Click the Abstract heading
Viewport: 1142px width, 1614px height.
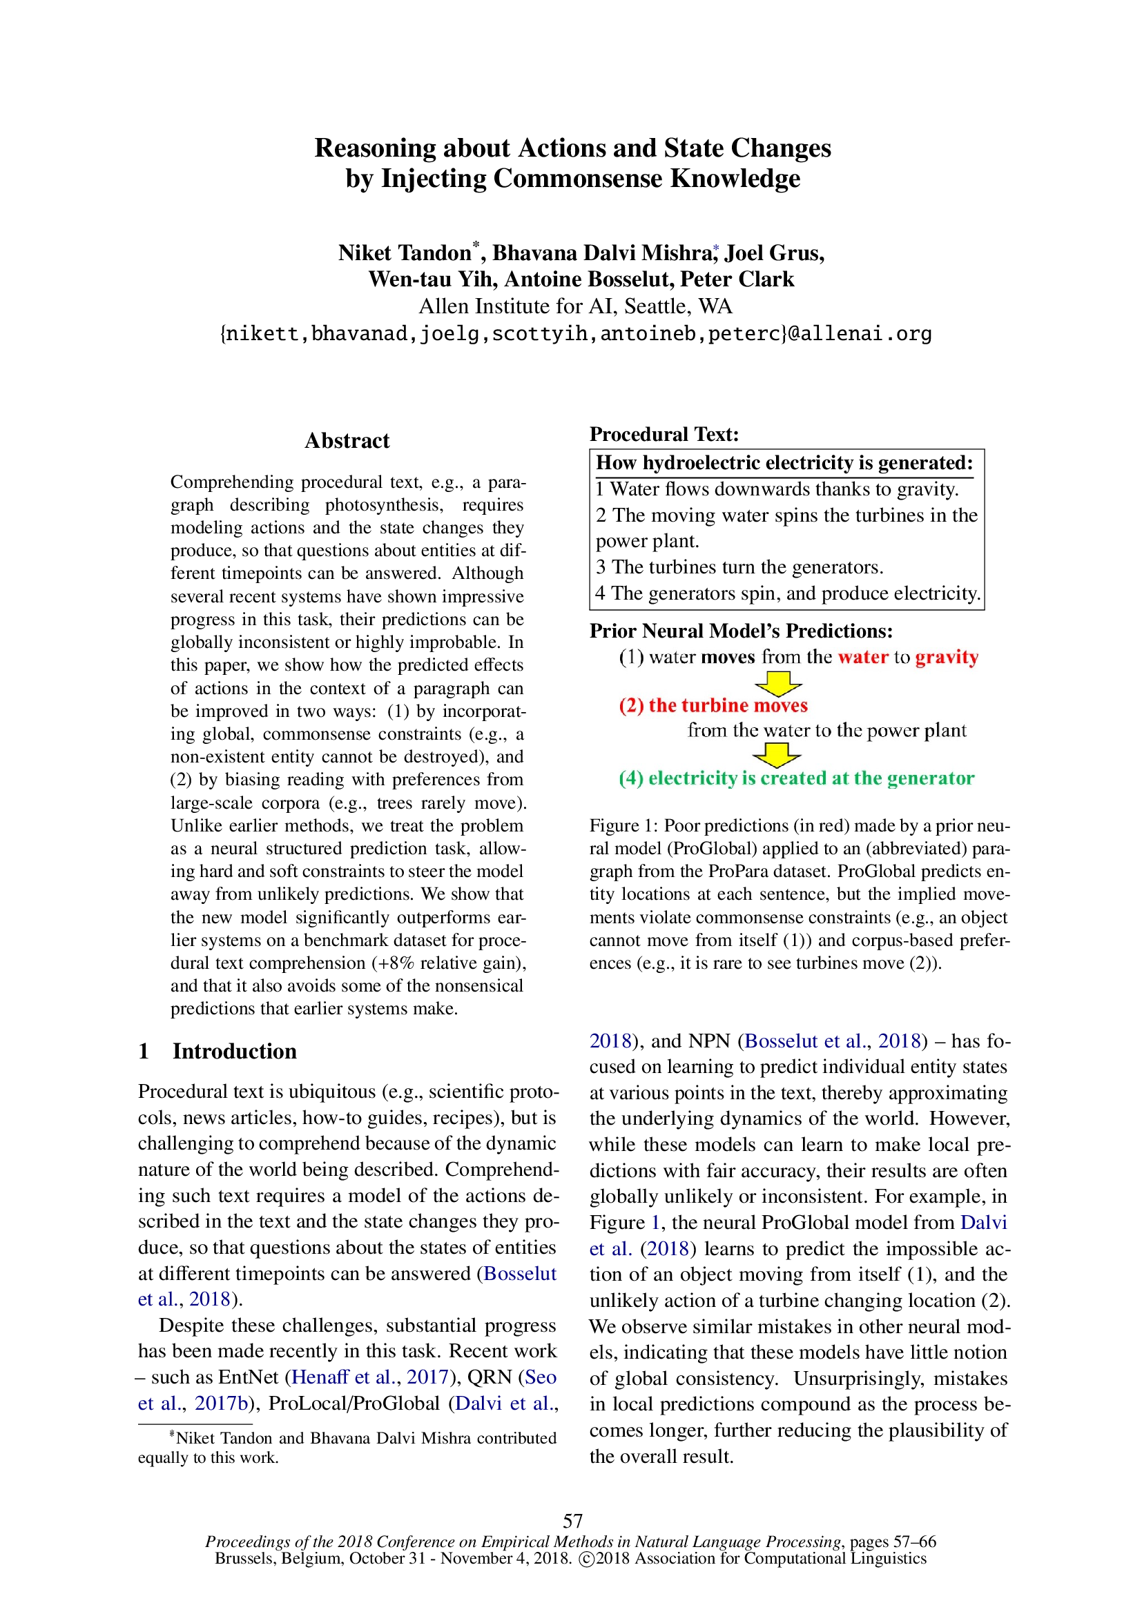[347, 441]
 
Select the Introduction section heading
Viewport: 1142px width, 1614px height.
[234, 1051]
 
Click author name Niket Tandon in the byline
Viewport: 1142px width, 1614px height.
[405, 253]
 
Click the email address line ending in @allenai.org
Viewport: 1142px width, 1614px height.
[576, 333]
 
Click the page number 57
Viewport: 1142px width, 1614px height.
[572, 1521]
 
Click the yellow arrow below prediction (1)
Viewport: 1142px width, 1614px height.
[777, 682]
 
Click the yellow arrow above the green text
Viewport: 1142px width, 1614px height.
[776, 755]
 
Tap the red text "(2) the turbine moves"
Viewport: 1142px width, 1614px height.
[713, 705]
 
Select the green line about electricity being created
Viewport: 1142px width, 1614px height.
[796, 778]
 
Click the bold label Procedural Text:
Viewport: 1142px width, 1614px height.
[664, 435]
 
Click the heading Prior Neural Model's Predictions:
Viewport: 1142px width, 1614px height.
[740, 631]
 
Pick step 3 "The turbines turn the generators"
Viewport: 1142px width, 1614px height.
[739, 567]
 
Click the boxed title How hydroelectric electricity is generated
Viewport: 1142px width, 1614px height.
[784, 462]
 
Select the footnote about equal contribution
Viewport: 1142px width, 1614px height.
[347, 1448]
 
